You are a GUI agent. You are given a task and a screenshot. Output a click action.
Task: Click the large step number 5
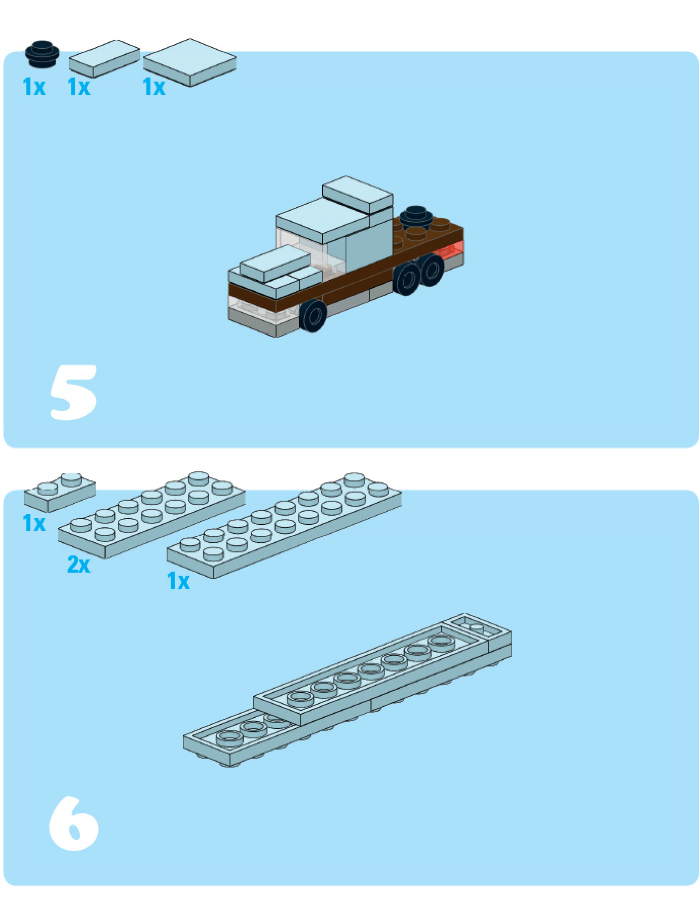[73, 393]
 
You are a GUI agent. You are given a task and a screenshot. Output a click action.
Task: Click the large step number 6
[73, 824]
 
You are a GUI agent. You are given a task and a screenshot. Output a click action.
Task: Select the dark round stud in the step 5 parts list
[43, 54]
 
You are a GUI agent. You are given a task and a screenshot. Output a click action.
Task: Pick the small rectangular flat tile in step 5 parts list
[104, 58]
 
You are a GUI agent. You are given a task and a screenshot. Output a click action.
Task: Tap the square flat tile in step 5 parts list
[190, 62]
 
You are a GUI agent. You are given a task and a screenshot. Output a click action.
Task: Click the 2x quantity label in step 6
[79, 564]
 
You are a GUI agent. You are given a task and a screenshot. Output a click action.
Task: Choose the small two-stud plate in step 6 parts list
[60, 492]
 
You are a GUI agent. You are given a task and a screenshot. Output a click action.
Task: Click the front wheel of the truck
[313, 315]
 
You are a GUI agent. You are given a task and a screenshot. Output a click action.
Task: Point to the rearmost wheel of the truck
[432, 269]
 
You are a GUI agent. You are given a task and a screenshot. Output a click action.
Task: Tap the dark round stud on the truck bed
[415, 216]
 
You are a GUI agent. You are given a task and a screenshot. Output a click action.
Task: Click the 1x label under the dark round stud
[34, 87]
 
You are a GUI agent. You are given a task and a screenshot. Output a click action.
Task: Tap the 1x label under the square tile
[154, 87]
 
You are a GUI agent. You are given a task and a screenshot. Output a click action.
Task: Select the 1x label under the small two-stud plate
[34, 523]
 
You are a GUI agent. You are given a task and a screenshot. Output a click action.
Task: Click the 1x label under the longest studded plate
[178, 581]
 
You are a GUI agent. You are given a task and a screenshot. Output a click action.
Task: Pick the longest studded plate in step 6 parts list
[284, 525]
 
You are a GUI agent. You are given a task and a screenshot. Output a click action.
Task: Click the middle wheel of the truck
[408, 279]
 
